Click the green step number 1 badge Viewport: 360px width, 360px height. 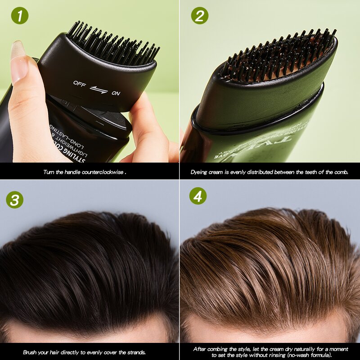[x=20, y=16]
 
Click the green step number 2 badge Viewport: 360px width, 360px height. [x=199, y=16]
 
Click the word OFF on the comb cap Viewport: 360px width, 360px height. [x=80, y=84]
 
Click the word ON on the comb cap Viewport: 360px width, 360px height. [x=116, y=93]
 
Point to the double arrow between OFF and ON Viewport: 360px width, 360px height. [x=98, y=89]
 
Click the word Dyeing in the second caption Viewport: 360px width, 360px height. [x=200, y=172]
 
